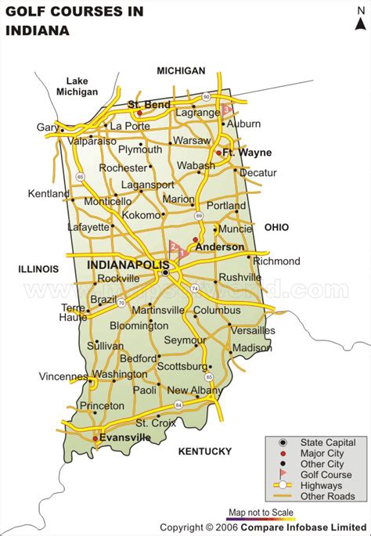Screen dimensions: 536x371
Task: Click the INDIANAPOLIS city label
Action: click(128, 265)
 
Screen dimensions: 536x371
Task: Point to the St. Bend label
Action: click(149, 103)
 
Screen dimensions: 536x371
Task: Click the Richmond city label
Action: click(277, 261)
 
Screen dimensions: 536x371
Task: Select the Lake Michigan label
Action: click(77, 86)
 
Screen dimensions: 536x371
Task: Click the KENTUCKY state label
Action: click(205, 451)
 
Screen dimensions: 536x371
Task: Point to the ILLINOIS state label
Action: click(38, 269)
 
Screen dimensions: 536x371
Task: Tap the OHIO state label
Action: click(276, 227)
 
